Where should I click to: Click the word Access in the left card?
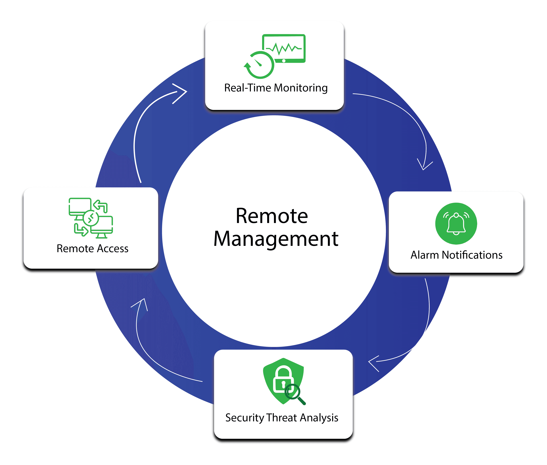(x=113, y=249)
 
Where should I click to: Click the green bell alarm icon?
(x=456, y=223)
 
